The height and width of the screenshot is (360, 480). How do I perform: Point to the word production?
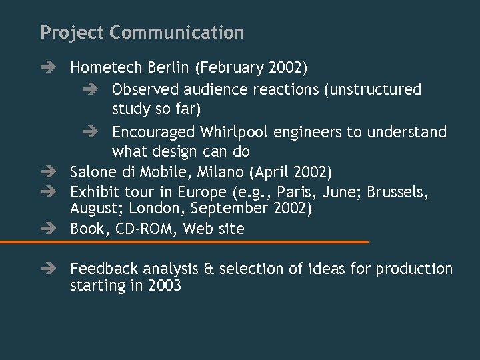click(x=414, y=269)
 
